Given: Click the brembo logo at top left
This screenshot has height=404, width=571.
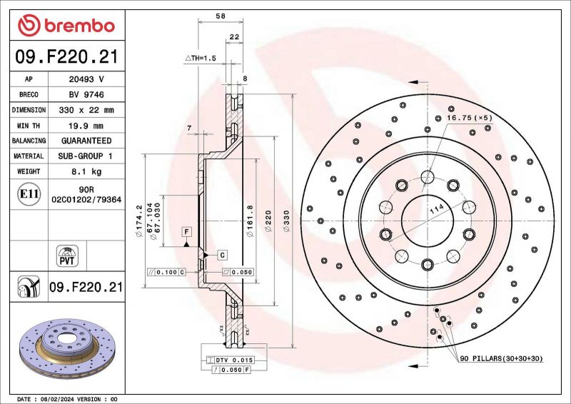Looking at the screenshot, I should [66, 25].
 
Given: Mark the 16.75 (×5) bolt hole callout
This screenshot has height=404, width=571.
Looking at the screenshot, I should [469, 117].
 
